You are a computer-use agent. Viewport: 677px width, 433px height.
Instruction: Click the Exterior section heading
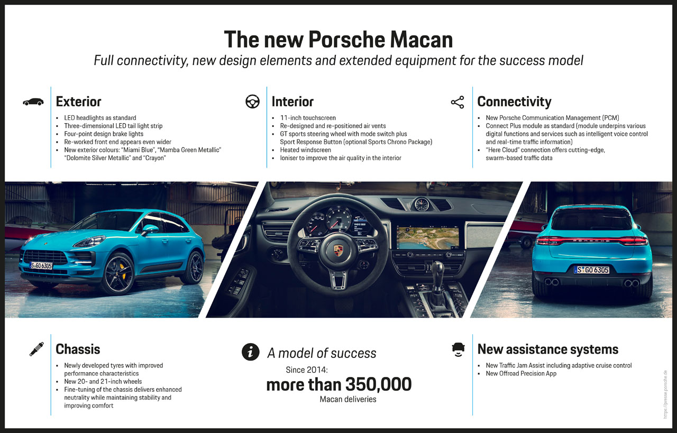(79, 102)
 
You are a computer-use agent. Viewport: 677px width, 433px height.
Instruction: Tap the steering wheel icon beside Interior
(252, 102)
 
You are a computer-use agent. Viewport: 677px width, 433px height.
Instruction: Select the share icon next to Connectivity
(458, 103)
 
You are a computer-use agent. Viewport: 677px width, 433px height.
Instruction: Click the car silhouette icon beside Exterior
(33, 102)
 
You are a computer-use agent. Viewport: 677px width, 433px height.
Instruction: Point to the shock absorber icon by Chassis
(36, 349)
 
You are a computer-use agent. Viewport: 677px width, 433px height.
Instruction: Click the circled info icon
(251, 352)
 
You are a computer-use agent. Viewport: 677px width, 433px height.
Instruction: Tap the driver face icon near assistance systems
(458, 350)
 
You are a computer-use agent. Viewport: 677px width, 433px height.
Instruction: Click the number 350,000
(378, 384)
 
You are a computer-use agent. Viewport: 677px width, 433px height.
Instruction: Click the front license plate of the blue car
(41, 265)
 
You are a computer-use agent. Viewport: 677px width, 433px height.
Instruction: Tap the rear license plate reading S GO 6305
(591, 270)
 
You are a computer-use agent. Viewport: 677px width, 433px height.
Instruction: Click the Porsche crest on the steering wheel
(338, 251)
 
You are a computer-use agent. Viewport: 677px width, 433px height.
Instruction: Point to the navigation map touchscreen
(427, 237)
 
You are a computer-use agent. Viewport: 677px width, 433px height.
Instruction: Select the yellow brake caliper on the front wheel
(123, 271)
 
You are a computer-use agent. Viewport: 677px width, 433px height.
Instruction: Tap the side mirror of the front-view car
(150, 229)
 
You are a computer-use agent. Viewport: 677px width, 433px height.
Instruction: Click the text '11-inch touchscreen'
(308, 118)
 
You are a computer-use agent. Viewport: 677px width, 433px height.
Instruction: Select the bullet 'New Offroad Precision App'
(521, 373)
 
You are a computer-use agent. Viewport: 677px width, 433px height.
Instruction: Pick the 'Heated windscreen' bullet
(305, 150)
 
